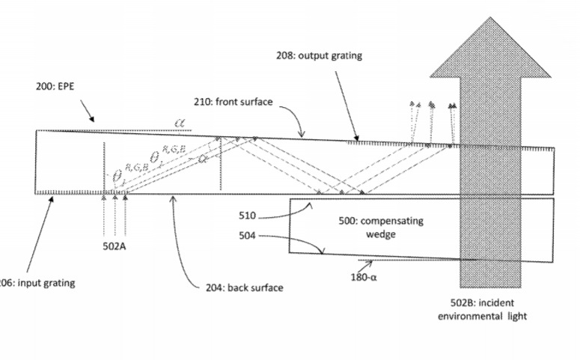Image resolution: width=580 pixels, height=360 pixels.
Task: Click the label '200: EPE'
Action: click(55, 87)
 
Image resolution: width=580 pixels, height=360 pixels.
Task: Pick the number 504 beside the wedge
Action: click(248, 236)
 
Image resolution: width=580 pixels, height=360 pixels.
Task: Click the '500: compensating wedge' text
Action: click(371, 228)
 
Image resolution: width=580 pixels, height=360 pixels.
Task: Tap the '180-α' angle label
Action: click(365, 276)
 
